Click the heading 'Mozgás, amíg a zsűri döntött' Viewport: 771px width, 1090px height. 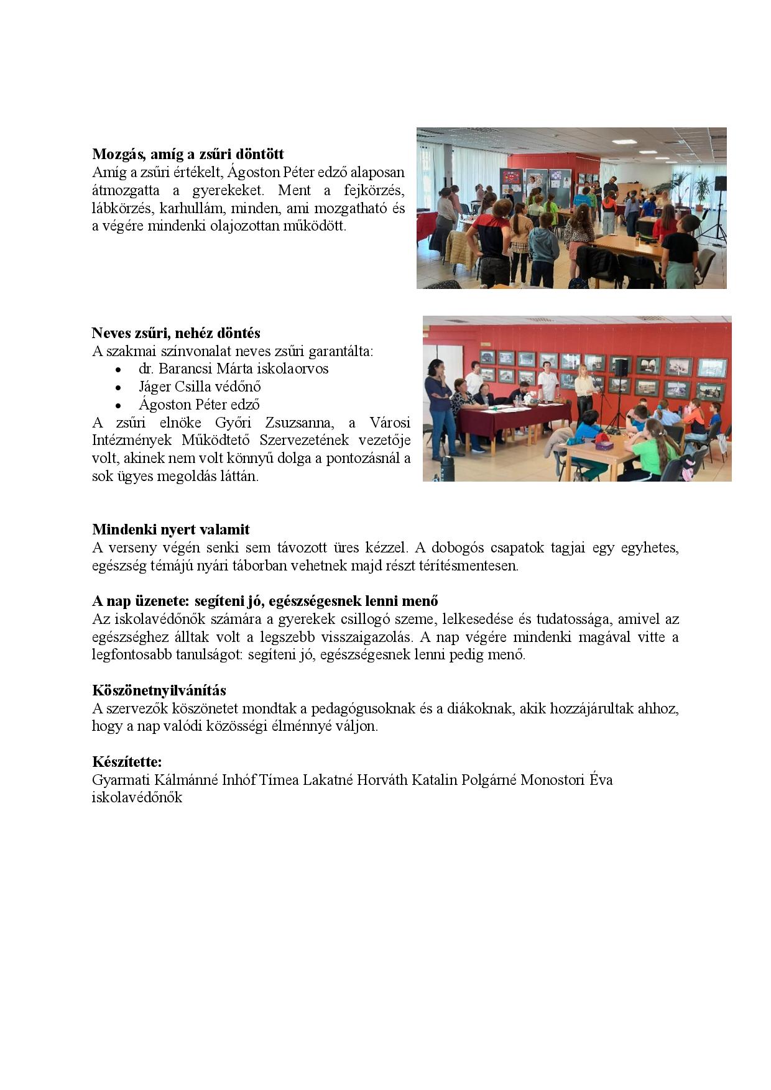(188, 154)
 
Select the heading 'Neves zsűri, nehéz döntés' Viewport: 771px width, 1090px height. (176, 333)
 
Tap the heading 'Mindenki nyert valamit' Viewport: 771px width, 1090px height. (171, 529)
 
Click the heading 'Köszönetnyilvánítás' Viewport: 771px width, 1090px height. (159, 690)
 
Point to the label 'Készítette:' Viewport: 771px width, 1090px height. (127, 762)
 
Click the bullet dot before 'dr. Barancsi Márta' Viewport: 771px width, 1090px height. (118, 370)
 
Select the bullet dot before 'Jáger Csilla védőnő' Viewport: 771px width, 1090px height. (118, 388)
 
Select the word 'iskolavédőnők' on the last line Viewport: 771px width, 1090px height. (137, 797)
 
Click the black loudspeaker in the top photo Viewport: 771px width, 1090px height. (720, 184)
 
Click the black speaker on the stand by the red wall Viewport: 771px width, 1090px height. (621, 367)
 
